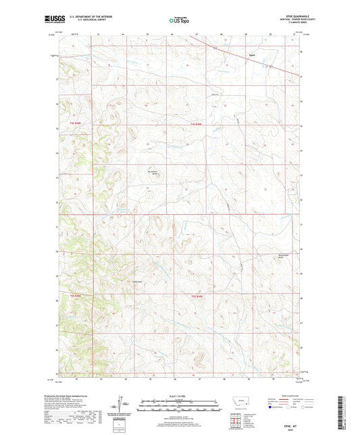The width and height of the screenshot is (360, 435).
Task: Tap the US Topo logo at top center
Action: pyautogui.click(x=179, y=21)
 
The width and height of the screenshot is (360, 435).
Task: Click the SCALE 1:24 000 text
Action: pyautogui.click(x=180, y=396)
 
